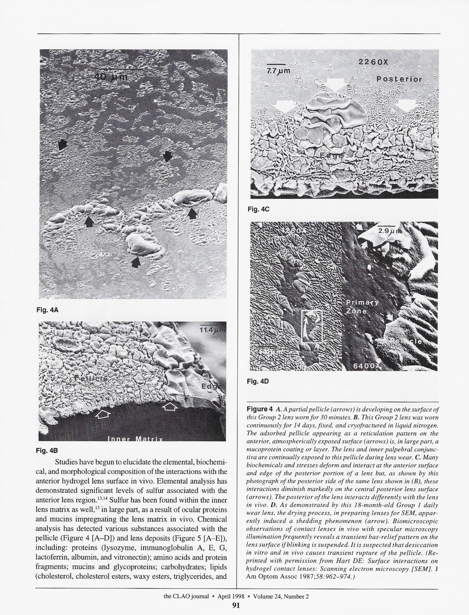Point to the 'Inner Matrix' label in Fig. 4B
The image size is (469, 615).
[135, 439]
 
